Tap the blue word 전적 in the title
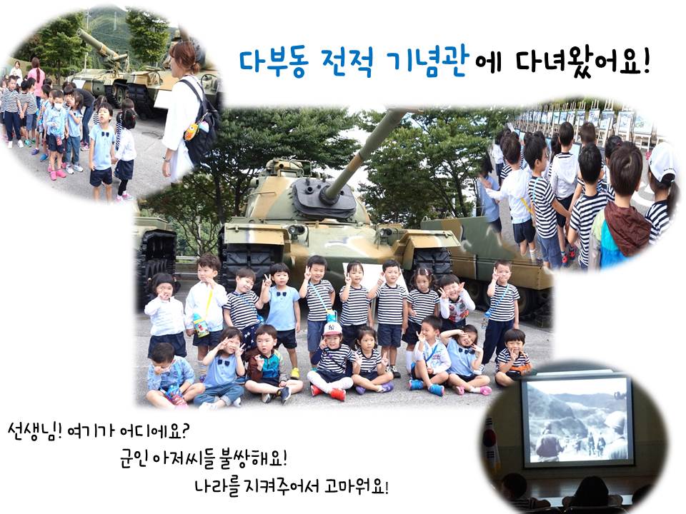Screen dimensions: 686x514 point(348,63)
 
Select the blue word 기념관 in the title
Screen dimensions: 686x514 point(428,63)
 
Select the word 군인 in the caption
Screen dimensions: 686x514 point(133,458)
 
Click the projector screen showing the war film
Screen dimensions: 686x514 point(577,421)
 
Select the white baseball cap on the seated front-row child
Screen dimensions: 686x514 point(332,328)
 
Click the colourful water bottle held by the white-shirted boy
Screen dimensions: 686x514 point(200,326)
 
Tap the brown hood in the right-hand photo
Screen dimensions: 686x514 point(627,226)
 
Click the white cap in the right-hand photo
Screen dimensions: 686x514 point(662,162)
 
